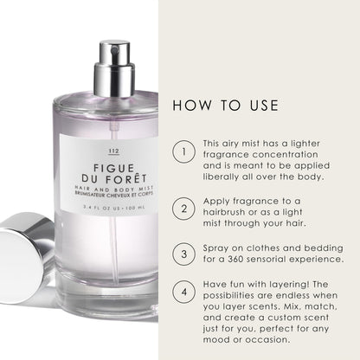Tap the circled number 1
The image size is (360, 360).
click(183, 153)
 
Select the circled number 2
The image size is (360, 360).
click(183, 208)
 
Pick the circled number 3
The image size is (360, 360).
click(183, 254)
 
